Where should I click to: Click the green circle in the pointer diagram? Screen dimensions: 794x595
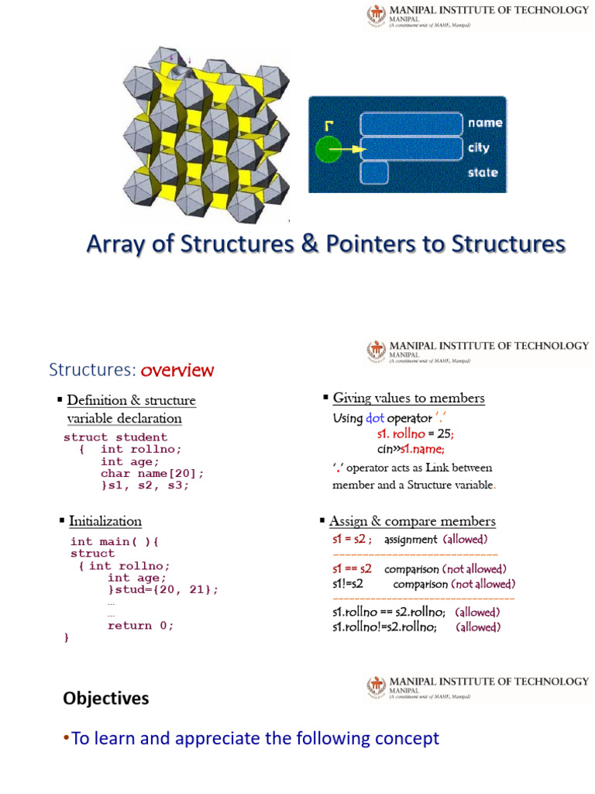(328, 148)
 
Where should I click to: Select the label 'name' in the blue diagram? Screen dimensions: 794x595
(484, 123)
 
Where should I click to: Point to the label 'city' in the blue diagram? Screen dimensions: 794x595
(478, 147)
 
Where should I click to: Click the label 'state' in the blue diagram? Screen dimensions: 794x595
(482, 172)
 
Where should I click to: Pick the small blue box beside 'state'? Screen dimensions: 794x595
(374, 172)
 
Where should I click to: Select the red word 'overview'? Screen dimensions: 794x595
(177, 370)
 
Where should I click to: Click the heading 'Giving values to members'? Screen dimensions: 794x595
(408, 399)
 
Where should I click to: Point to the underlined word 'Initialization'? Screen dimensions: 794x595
(105, 521)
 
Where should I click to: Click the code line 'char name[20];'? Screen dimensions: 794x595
(152, 474)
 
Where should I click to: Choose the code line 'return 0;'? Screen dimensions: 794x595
(140, 626)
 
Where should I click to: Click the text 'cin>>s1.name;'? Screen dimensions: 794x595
(411, 449)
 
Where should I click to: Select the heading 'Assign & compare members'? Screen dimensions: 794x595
(412, 521)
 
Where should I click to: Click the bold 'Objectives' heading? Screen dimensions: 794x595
(106, 699)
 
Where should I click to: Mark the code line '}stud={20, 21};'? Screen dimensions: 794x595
(163, 590)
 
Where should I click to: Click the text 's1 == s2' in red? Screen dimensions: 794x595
(352, 568)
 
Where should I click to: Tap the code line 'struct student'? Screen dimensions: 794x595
(115, 437)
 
